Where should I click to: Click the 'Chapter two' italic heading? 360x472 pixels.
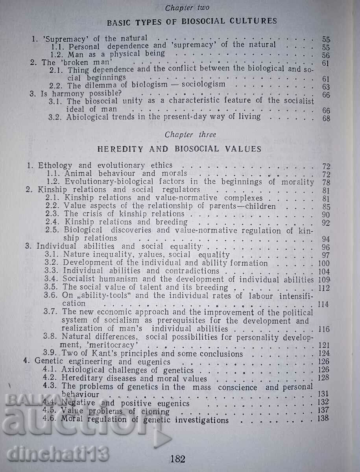pos(187,8)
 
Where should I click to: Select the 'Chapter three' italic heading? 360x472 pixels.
pos(190,135)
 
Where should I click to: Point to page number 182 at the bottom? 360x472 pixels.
pos(177,458)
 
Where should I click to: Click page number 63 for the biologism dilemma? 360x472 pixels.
pos(325,87)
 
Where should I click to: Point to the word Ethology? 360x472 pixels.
pos(55,166)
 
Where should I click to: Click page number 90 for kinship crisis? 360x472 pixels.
pos(325,214)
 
